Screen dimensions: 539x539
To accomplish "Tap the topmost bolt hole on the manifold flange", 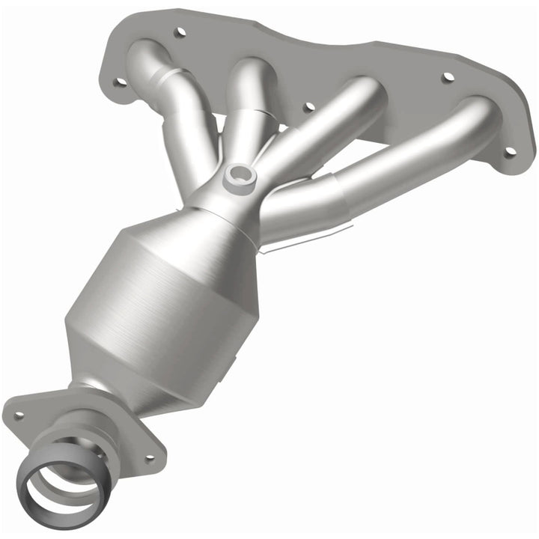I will [x=179, y=33].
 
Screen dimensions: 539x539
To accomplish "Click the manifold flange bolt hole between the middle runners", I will [x=308, y=107].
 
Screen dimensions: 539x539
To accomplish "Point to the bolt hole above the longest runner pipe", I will [x=447, y=77].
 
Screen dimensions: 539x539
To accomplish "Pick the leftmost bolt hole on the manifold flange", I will [x=118, y=82].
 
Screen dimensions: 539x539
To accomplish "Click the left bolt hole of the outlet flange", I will [x=19, y=415].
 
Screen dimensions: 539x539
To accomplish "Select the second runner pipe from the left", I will [x=247, y=105].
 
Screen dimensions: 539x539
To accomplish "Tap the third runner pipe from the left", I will [x=329, y=127].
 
